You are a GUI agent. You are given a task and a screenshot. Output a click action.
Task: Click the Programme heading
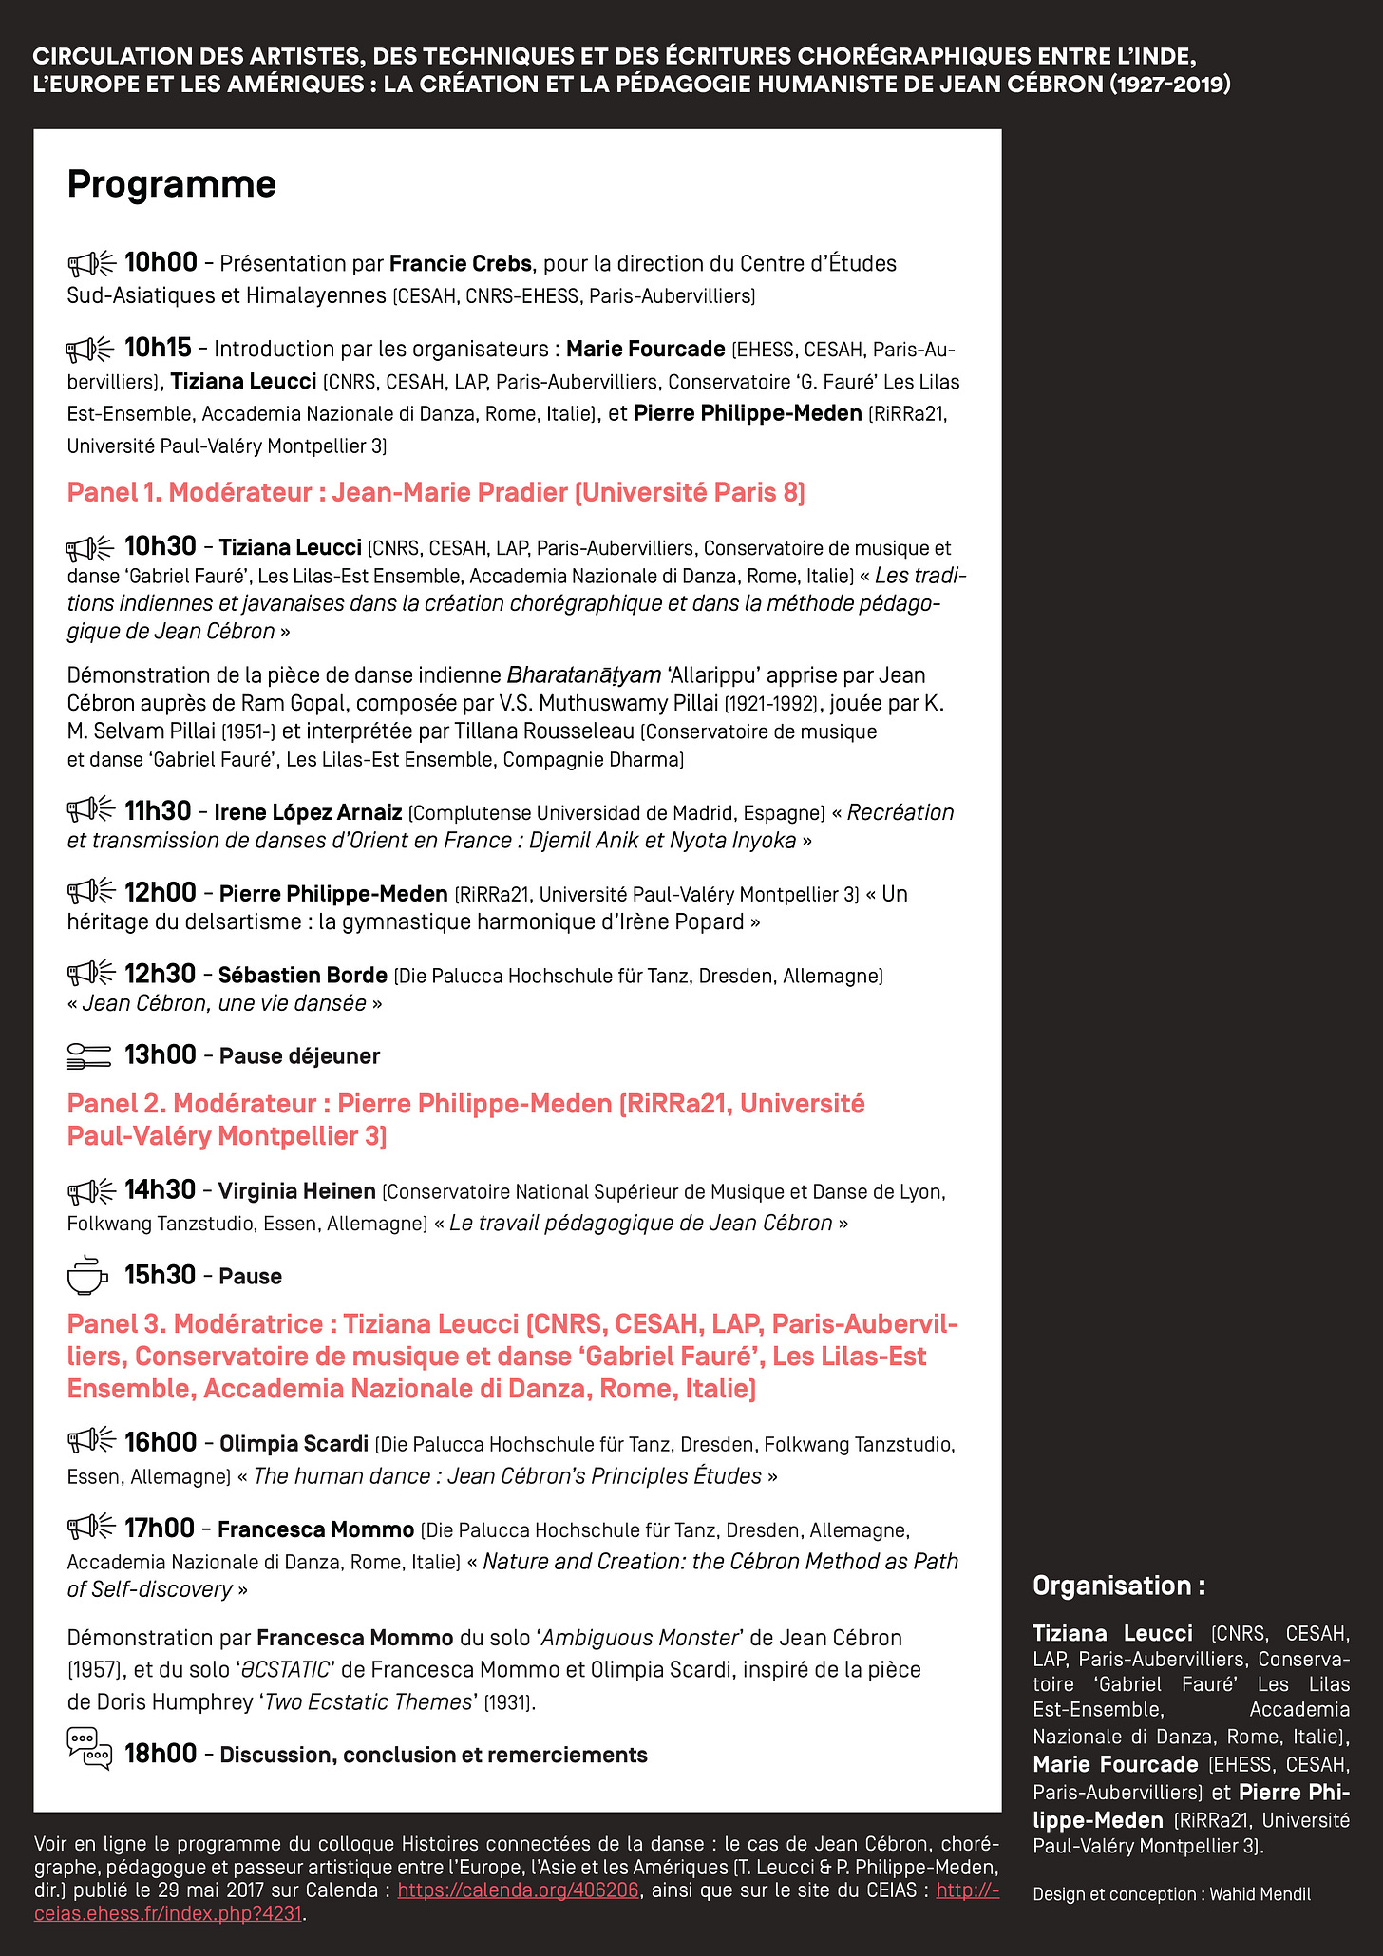171,184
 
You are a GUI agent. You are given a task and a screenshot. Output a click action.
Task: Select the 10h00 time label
161,262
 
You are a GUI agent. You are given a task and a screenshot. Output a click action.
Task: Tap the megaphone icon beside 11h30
91,809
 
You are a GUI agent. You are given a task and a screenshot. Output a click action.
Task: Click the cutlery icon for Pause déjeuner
89,1054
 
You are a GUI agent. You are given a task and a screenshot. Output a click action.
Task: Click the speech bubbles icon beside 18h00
89,1749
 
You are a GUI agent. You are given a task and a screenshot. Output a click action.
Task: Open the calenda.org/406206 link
518,1890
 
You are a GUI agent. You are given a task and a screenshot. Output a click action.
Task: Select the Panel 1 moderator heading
436,492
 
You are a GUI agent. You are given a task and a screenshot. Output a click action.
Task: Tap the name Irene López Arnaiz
308,812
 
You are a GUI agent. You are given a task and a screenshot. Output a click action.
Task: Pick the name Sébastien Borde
302,975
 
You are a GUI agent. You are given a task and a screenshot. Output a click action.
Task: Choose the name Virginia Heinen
296,1191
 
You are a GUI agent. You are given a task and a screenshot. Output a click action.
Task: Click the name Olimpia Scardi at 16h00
294,1444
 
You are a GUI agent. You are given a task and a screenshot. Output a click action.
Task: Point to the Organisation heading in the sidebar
1118,1586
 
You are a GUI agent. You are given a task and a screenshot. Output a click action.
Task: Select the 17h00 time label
160,1529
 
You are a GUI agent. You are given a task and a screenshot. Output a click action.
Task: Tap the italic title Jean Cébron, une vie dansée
224,1003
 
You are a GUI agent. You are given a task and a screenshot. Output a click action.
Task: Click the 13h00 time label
160,1054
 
